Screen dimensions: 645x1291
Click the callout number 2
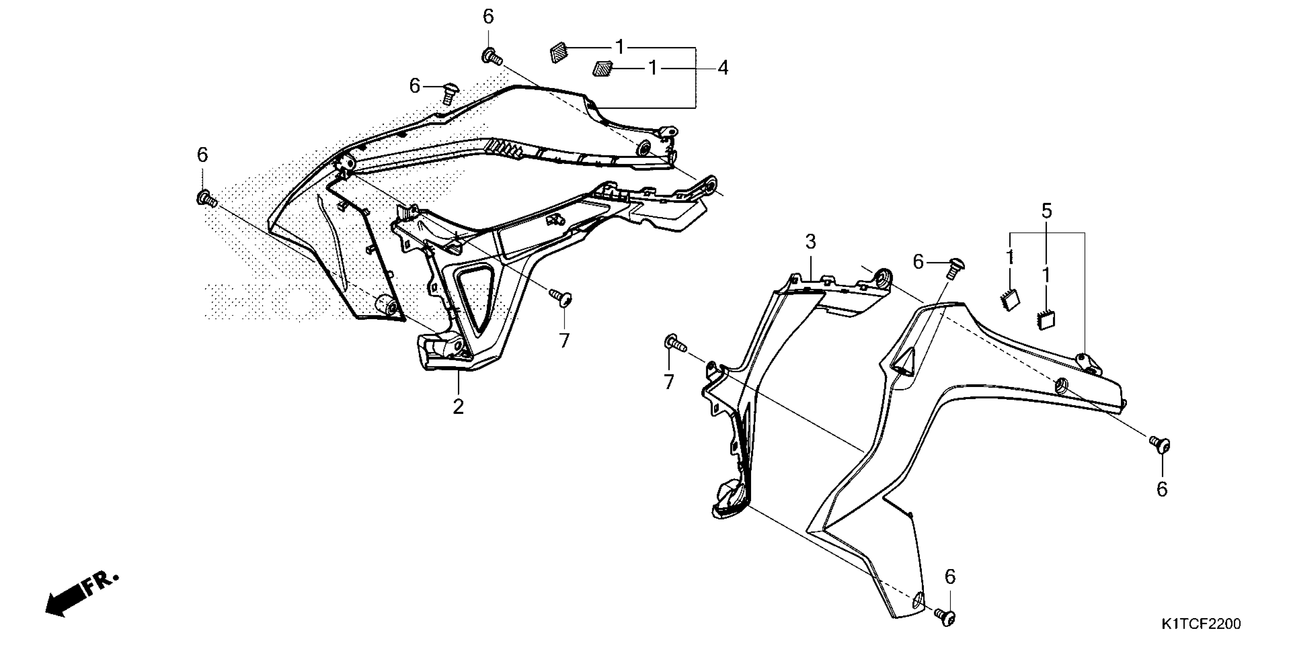pyautogui.click(x=458, y=407)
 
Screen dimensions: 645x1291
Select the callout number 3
pyautogui.click(x=810, y=242)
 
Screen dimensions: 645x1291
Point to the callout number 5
pyautogui.click(x=1046, y=211)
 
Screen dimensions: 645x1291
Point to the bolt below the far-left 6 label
pyautogui.click(x=206, y=199)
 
